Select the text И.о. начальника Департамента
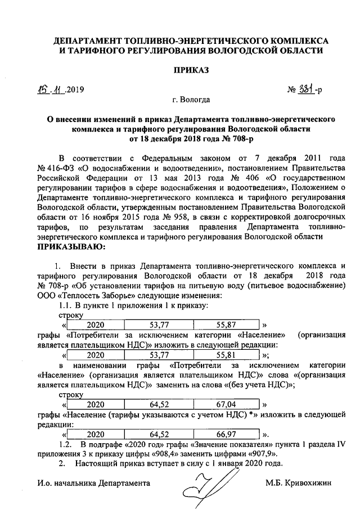(x=93, y=483)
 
